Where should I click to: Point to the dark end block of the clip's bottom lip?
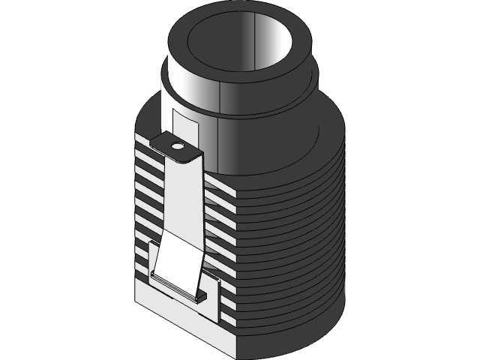pos(200,295)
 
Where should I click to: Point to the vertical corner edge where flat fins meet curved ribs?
pos(235,270)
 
